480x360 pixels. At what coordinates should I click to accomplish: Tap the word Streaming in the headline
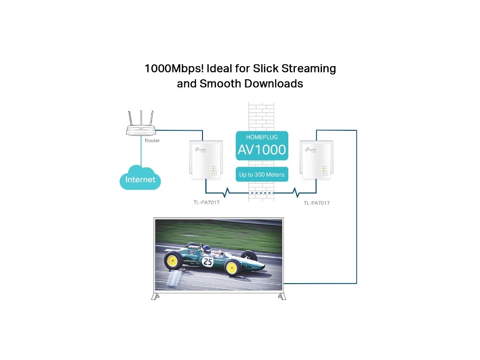click(x=309, y=68)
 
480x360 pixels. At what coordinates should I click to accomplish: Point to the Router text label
click(x=152, y=141)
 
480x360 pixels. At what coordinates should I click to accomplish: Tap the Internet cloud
click(x=140, y=179)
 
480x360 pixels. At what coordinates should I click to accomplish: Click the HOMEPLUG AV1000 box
click(x=262, y=145)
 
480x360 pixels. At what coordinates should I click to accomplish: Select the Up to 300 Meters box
click(x=262, y=174)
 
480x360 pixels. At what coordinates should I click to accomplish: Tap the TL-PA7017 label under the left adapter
click(x=206, y=202)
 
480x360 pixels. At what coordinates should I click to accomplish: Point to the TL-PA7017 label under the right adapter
click(x=316, y=203)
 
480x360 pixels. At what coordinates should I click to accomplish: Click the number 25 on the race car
click(x=208, y=262)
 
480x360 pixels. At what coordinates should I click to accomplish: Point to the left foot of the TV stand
click(x=156, y=296)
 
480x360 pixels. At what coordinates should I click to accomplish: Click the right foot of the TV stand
click(x=281, y=296)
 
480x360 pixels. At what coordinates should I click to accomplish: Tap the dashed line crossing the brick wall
click(x=261, y=193)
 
